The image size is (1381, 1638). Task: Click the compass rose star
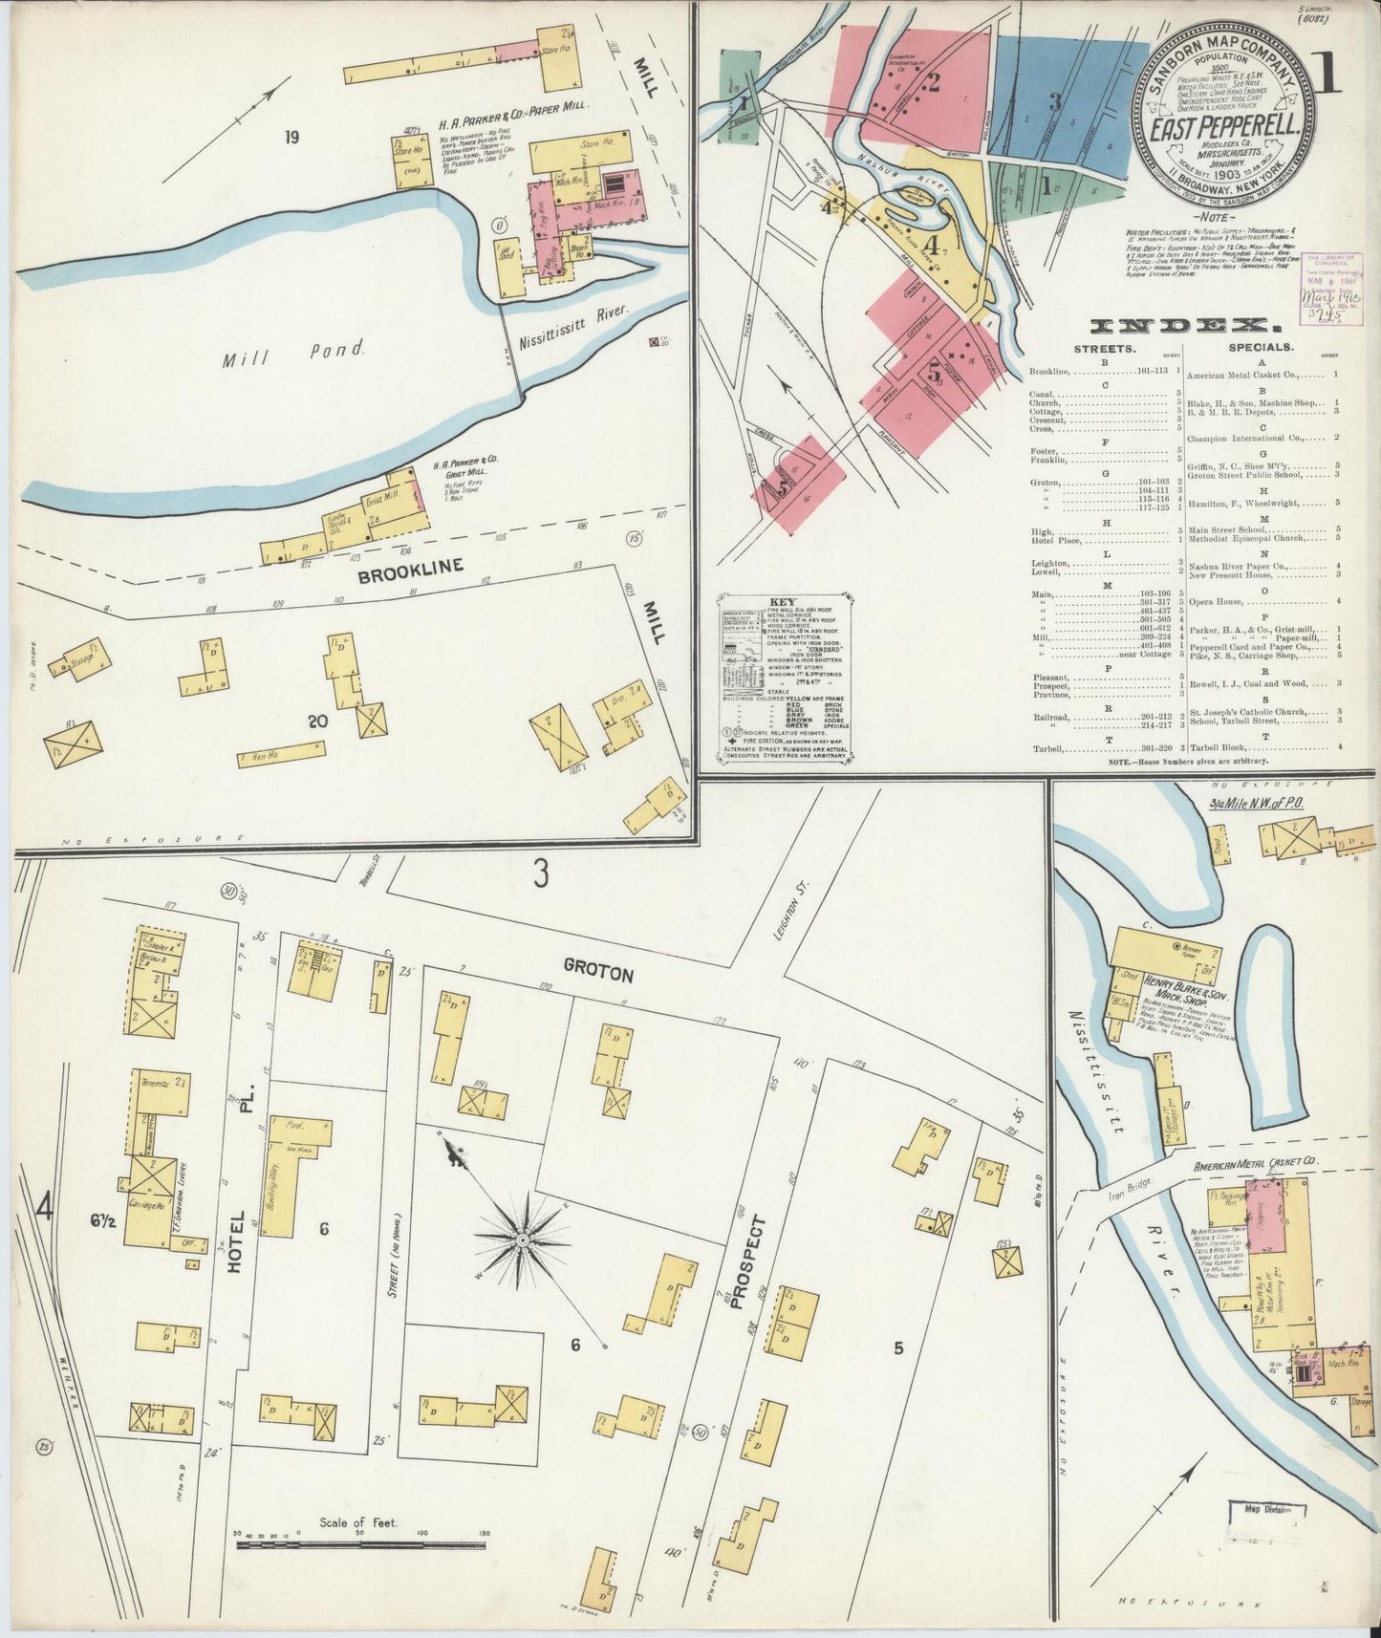tap(523, 1240)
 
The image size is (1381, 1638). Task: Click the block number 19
tap(291, 138)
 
